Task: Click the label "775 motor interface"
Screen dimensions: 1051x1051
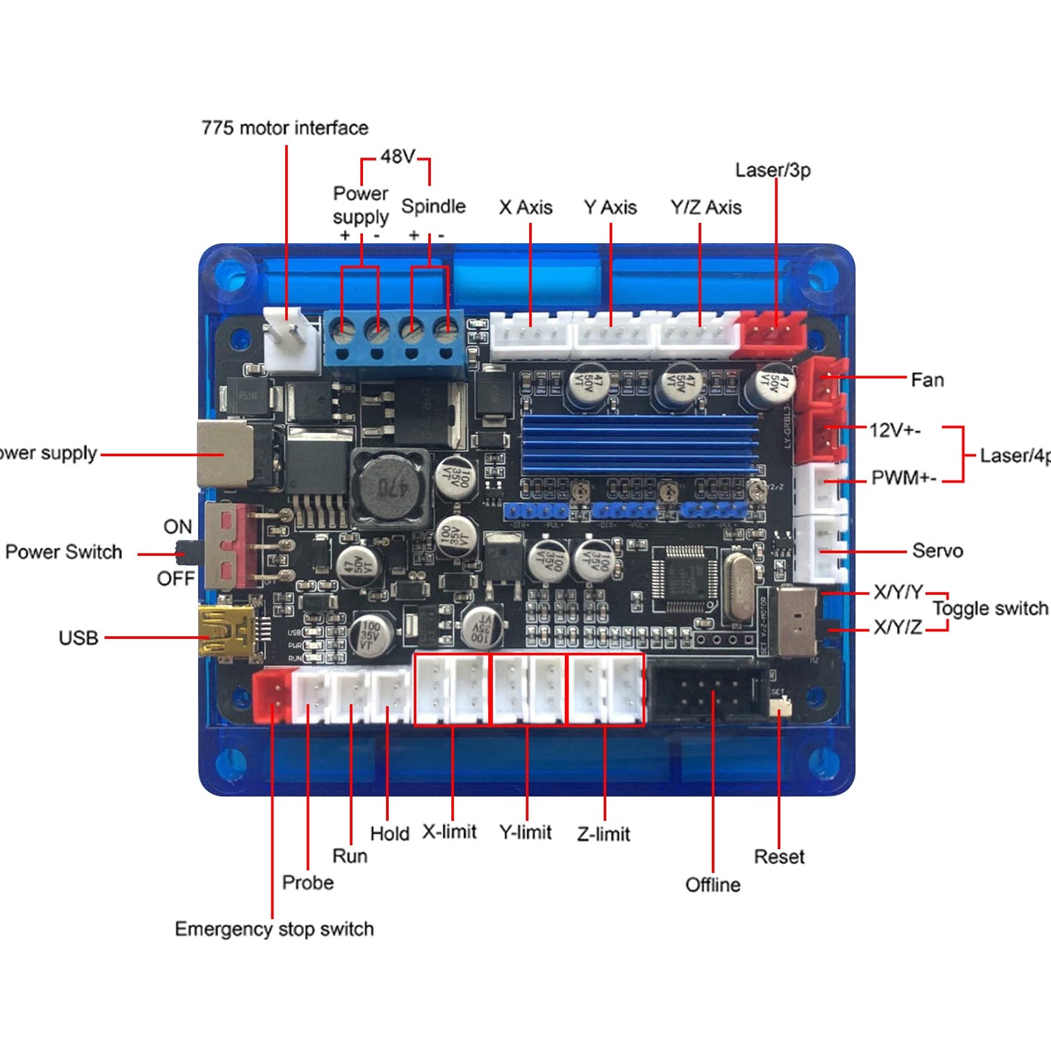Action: (x=284, y=128)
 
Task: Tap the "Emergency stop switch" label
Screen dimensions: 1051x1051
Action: (x=274, y=929)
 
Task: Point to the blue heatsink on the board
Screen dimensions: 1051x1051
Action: (x=639, y=441)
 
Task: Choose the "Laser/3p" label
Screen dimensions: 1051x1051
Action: (x=773, y=170)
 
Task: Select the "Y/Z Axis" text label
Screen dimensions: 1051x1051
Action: (x=706, y=207)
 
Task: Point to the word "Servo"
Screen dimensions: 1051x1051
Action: (x=937, y=551)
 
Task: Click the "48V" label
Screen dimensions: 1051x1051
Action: (x=397, y=156)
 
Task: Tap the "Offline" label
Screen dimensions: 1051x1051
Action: (x=713, y=885)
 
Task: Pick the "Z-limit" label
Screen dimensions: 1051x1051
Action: (x=603, y=834)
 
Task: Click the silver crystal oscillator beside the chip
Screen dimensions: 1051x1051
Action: (x=738, y=586)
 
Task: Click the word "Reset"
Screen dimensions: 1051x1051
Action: (x=779, y=857)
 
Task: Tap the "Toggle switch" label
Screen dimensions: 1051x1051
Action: (x=990, y=608)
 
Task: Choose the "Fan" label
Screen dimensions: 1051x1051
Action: (x=927, y=380)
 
